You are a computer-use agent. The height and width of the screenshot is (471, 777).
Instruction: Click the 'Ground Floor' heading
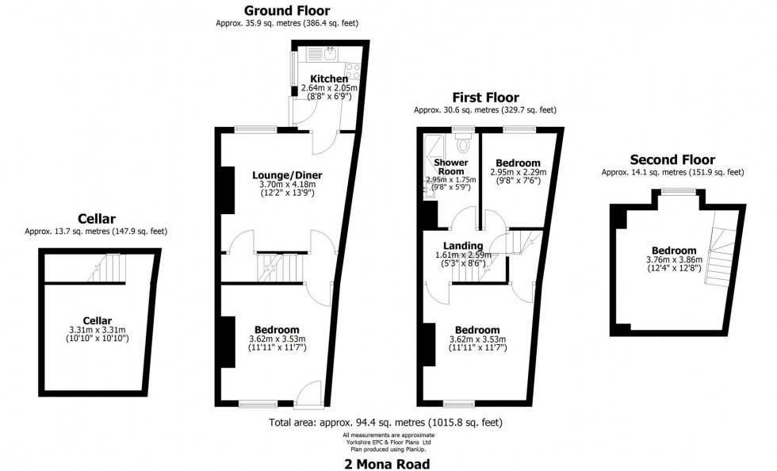coord(287,10)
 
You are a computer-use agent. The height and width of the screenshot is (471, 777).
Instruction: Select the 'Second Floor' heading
coord(672,159)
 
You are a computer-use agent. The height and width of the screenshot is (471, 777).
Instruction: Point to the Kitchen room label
coord(328,78)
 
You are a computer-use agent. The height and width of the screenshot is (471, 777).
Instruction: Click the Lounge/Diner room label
coord(287,174)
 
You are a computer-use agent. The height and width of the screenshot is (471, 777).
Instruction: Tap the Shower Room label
coord(450,167)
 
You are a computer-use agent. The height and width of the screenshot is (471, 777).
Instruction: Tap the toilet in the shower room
coord(464,146)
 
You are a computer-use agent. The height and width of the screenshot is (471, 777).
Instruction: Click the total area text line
coord(385,423)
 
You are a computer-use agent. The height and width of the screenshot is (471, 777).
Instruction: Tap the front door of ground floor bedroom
coord(308,394)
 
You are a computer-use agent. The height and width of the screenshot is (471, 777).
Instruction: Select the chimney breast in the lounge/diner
coord(226,190)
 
